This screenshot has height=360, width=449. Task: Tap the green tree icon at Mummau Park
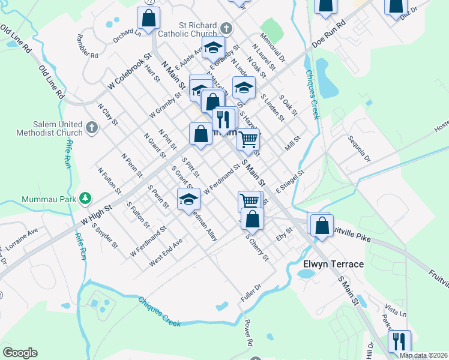tap(86, 197)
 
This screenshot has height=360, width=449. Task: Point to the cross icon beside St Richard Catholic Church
tap(226, 28)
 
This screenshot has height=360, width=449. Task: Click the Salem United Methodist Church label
tap(58, 128)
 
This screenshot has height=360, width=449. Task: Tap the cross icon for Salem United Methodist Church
tap(91, 127)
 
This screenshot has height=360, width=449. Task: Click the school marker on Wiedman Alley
tap(188, 200)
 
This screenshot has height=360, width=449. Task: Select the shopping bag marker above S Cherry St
tap(254, 220)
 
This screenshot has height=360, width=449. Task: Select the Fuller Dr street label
tap(252, 296)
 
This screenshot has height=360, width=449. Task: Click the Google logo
tap(20, 353)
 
